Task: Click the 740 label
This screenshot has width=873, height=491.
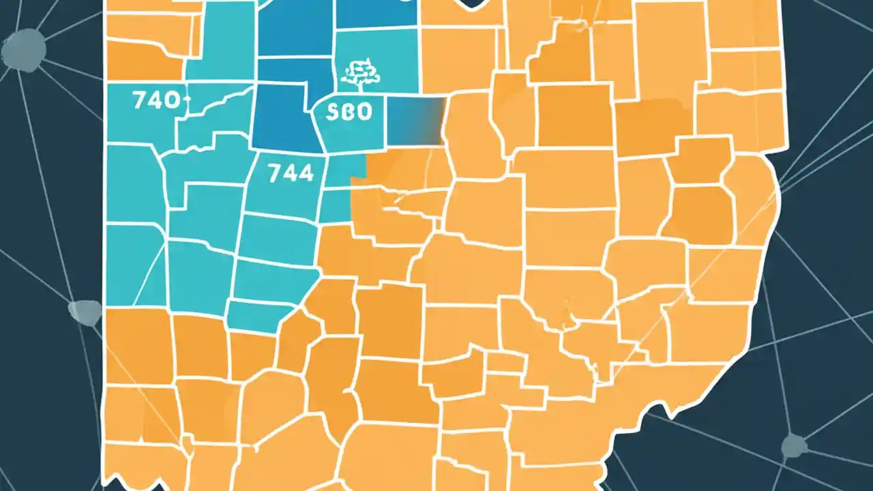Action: (x=158, y=102)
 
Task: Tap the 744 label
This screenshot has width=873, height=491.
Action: (x=291, y=173)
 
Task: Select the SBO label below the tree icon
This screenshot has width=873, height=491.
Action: (x=349, y=112)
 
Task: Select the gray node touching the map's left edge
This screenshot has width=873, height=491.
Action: (x=85, y=312)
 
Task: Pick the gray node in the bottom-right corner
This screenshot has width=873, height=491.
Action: (x=794, y=447)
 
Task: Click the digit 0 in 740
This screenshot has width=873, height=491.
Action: (x=173, y=102)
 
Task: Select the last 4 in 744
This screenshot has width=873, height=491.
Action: (x=306, y=173)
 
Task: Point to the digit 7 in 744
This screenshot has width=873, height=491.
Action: (x=274, y=173)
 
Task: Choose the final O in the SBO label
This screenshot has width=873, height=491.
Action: (x=364, y=112)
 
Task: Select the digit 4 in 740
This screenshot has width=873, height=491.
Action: (x=157, y=102)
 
